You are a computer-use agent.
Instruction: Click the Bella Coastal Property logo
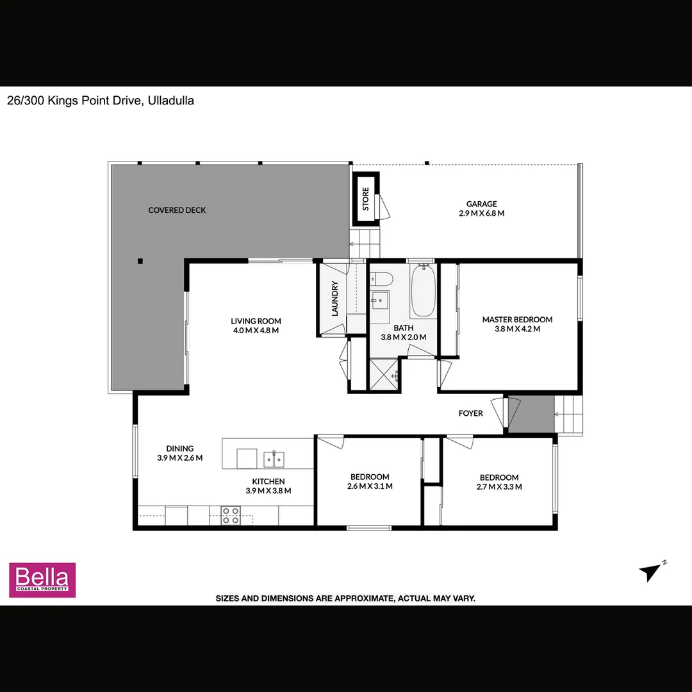click(42, 580)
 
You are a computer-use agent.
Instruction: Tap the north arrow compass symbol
click(652, 571)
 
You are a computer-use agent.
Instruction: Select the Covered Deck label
click(177, 210)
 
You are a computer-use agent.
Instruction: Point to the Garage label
click(481, 204)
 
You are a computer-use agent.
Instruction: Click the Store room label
click(366, 199)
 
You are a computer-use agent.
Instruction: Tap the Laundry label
click(334, 299)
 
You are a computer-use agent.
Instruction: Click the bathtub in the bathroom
click(422, 292)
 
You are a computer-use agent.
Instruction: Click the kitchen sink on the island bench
click(274, 459)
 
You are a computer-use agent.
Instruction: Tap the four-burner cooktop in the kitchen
click(231, 515)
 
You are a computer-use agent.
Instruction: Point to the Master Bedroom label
click(517, 319)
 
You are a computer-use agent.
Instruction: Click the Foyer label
click(470, 413)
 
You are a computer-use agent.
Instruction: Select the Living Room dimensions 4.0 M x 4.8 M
click(256, 331)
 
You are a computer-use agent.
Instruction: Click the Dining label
click(179, 449)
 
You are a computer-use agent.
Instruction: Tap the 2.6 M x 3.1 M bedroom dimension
click(370, 486)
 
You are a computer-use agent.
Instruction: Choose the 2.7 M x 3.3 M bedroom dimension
click(499, 487)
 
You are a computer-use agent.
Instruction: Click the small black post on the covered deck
click(140, 261)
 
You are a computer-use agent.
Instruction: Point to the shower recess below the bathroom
click(383, 374)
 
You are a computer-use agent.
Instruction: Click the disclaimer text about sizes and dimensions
click(345, 598)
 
